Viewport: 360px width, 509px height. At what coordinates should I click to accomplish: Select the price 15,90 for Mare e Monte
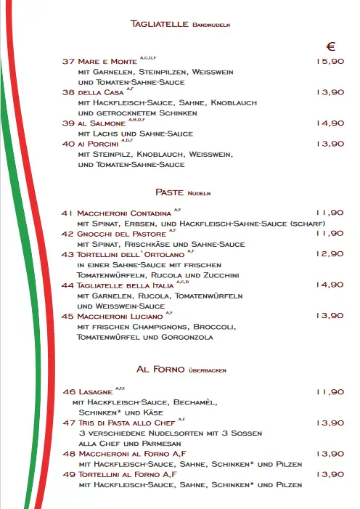point(330,62)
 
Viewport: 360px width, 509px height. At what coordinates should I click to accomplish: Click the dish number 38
point(69,92)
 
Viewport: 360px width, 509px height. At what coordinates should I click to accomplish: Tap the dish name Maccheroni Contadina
point(124,213)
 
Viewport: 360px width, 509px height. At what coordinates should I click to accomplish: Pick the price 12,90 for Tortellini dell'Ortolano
point(330,254)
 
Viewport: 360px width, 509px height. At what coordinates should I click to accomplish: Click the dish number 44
point(69,285)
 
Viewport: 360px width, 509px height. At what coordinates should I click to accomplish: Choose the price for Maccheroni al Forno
point(330,454)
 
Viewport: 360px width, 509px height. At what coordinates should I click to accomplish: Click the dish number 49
point(69,474)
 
